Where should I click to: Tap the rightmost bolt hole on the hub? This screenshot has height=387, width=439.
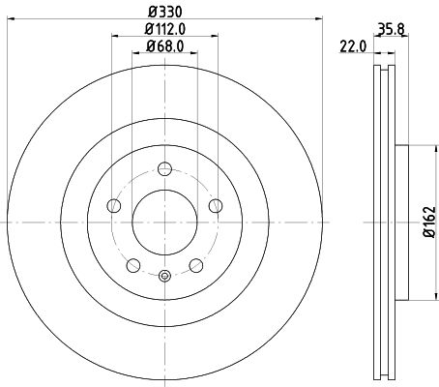point(215,204)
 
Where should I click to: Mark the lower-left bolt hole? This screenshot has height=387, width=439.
point(132,264)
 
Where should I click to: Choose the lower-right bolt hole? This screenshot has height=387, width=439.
point(195,264)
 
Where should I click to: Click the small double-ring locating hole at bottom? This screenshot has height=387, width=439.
point(164,278)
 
